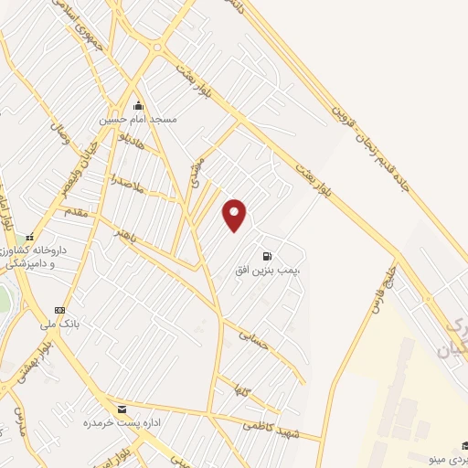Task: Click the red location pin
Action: [235, 215]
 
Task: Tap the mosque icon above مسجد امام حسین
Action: [138, 104]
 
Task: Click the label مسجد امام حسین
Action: [138, 119]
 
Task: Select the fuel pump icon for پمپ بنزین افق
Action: [267, 256]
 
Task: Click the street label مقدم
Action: [77, 211]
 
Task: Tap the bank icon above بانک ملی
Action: [60, 311]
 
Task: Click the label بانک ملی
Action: [60, 324]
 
